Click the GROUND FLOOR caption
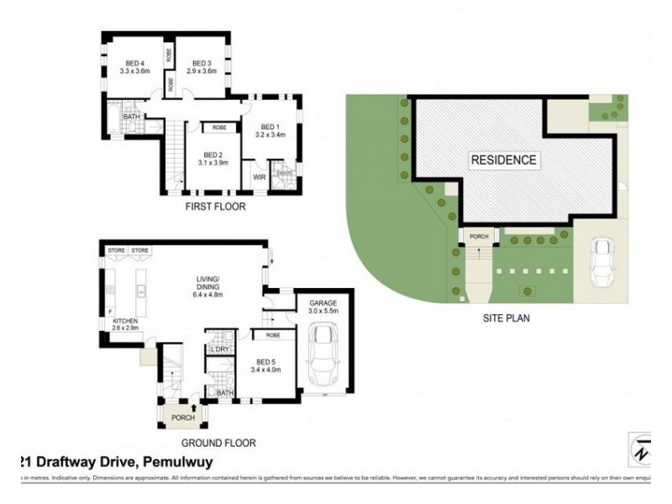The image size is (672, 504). [218, 443]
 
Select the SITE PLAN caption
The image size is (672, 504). [506, 318]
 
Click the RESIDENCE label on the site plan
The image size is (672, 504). [503, 160]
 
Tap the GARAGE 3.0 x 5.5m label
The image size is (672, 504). [324, 307]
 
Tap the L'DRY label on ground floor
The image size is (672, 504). [221, 349]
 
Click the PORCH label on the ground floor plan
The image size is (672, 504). [182, 417]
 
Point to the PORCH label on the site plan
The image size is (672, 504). [479, 237]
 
